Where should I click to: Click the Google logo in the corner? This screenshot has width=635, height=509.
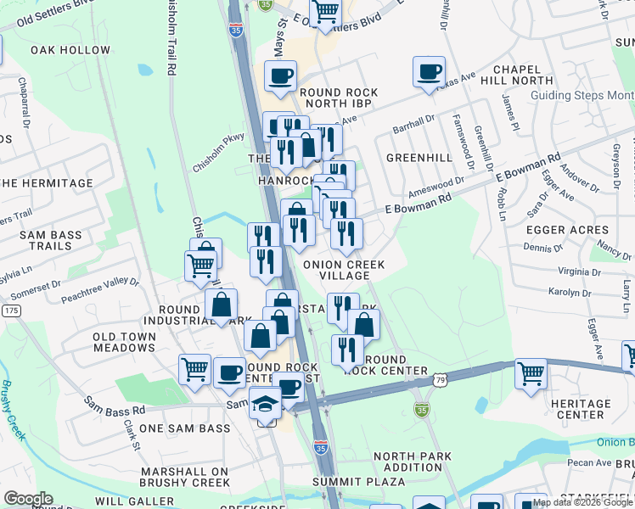[28, 499]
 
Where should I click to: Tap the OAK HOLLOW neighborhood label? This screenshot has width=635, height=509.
[70, 50]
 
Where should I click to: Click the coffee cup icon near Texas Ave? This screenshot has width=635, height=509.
[430, 70]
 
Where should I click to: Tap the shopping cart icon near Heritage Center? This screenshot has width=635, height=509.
[530, 373]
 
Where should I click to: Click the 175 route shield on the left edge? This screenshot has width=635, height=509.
[10, 311]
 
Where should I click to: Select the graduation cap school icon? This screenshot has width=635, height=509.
[266, 405]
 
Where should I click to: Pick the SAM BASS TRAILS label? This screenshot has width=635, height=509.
[42, 240]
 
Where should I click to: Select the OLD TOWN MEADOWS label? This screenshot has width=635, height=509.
[123, 343]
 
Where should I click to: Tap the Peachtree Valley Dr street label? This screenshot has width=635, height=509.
[99, 289]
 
